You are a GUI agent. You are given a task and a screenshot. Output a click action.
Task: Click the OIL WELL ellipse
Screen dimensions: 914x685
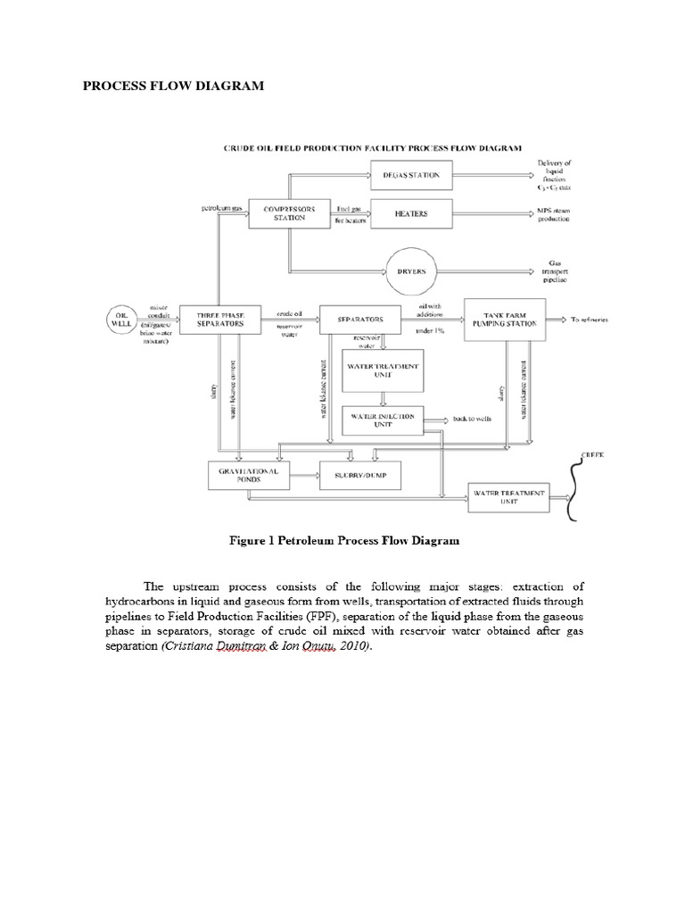coord(122,319)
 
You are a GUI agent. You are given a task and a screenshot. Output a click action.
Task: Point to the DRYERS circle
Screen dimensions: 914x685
coord(416,270)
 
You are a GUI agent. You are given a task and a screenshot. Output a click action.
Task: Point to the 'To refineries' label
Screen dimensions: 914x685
coord(592,319)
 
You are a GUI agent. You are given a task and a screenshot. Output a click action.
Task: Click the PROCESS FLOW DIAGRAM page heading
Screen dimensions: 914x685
coord(172,87)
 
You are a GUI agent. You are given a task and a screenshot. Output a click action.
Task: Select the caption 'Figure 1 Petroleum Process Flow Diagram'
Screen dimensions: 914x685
coord(343,540)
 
